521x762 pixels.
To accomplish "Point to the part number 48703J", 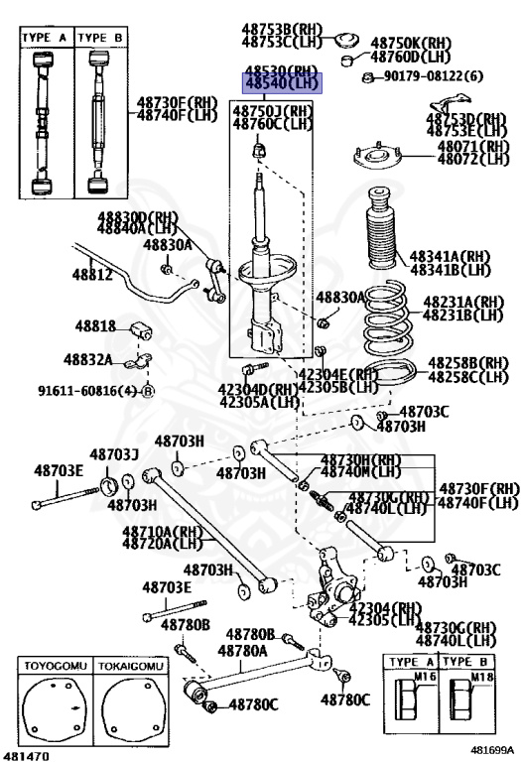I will pyautogui.click(x=114, y=454).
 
